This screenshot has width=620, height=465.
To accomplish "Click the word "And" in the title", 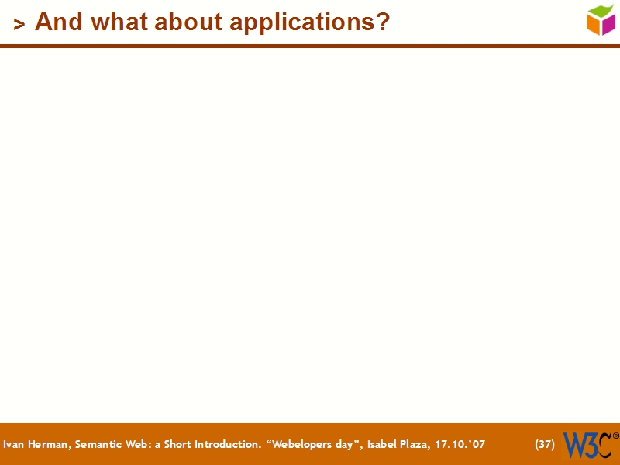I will [58, 22].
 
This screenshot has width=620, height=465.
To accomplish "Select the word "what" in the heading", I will [117, 22].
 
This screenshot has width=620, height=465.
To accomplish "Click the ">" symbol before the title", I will [19, 25].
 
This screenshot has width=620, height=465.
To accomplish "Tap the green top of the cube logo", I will [601, 11].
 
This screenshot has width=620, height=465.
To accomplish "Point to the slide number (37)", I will [545, 445].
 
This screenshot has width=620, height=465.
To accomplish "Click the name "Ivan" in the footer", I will [13, 445].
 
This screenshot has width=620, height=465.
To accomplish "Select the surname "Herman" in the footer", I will [49, 445].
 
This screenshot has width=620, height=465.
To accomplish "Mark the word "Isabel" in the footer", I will [379, 445].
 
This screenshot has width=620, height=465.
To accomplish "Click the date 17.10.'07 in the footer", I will [461, 445].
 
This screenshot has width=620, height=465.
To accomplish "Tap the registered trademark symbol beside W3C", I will [616, 436].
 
